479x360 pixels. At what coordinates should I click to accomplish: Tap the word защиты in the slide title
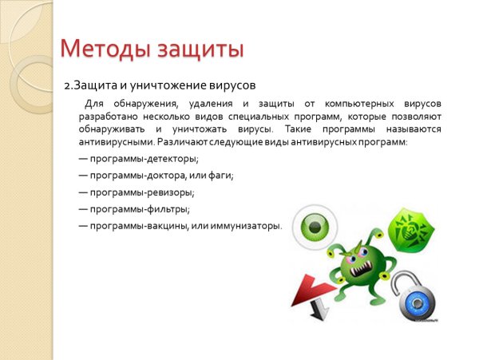194,50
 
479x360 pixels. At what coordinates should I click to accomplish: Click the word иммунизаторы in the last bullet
244,226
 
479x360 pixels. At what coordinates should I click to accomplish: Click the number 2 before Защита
68,84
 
